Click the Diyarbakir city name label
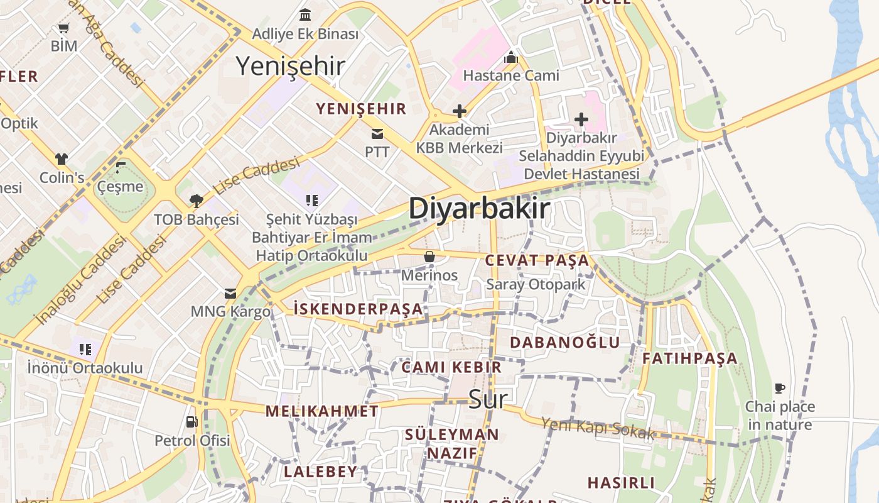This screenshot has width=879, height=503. pos(479,209)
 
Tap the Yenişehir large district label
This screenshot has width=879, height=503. pos(290,66)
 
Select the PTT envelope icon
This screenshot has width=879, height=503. pos(377,134)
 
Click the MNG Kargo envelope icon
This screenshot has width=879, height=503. pos(230,294)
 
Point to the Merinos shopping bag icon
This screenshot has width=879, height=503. pos(429,257)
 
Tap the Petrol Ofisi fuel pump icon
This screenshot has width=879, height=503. pos(192,422)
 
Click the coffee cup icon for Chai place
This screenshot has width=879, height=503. pos(780,388)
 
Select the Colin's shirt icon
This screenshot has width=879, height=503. pos(62,159)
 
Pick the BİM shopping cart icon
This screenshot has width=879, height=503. pos(63,28)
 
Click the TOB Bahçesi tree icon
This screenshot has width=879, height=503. pos(197,201)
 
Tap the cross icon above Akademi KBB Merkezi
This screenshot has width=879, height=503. pos(460,112)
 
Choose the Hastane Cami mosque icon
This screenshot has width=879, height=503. pos(511,58)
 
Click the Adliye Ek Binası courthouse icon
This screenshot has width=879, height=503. pos(305,14)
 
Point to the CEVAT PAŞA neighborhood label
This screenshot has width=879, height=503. pos(537,260)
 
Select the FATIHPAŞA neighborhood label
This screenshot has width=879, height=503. pos(689,358)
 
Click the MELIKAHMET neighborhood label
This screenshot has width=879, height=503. pos(321,411)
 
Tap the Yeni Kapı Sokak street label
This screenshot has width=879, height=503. pos(597,428)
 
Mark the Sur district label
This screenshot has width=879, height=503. pos(487,399)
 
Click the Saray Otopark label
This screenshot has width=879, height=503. pos(536,284)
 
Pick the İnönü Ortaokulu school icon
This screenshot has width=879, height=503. pos(85,349)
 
